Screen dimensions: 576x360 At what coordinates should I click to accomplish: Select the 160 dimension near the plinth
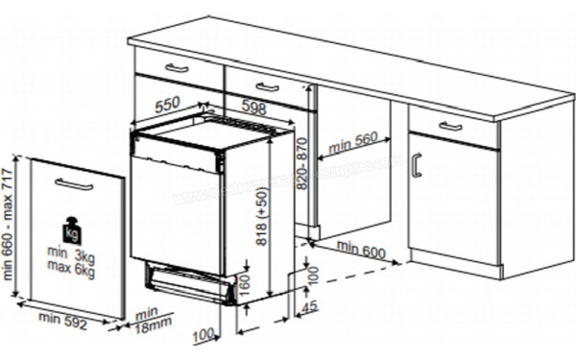tap(244, 284)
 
